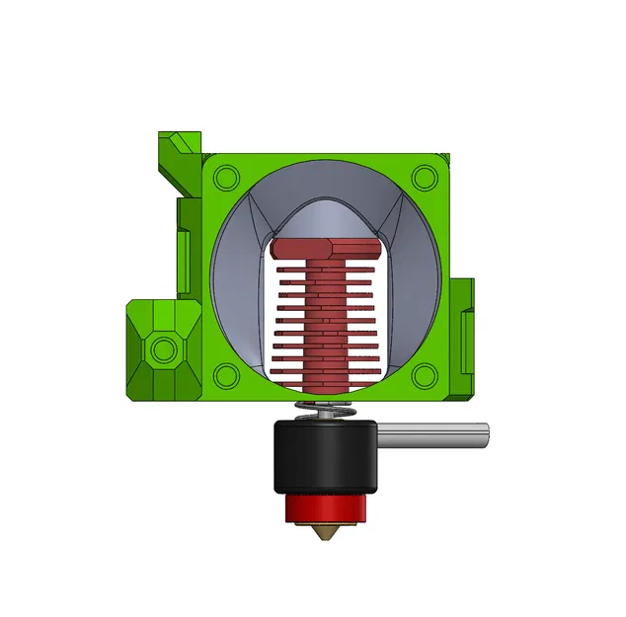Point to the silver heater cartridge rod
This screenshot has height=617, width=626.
coord(434,435)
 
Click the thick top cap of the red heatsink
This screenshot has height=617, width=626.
coord(326,249)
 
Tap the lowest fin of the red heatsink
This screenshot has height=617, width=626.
coord(326,371)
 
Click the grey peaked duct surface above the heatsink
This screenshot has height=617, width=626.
coord(326,212)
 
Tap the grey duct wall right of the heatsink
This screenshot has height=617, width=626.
coord(415,296)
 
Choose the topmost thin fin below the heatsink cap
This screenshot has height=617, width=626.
coord(326,268)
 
